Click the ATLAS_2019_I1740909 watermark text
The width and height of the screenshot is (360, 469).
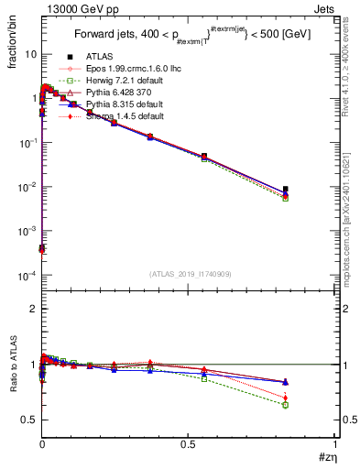[x=189, y=273]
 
